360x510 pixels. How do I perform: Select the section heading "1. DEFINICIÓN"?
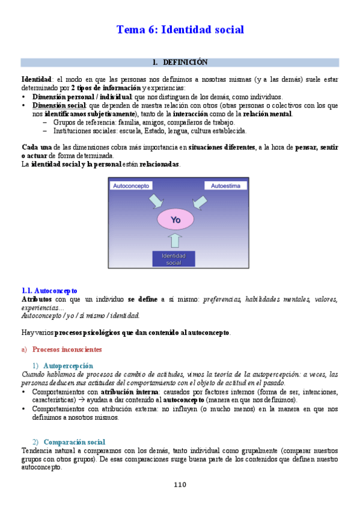[180, 62]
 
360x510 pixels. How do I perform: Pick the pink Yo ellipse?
[175, 220]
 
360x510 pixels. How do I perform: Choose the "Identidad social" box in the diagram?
[174, 259]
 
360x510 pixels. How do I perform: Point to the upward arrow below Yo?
[174, 241]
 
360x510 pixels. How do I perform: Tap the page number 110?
[180, 485]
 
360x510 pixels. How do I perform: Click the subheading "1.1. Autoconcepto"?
[49, 290]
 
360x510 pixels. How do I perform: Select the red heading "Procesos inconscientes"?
[67, 349]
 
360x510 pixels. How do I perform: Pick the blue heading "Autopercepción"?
[69, 365]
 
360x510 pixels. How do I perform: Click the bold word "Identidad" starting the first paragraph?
[36, 79]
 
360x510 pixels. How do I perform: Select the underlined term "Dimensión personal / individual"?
[82, 96]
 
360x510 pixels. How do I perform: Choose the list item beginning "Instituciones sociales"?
[150, 131]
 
